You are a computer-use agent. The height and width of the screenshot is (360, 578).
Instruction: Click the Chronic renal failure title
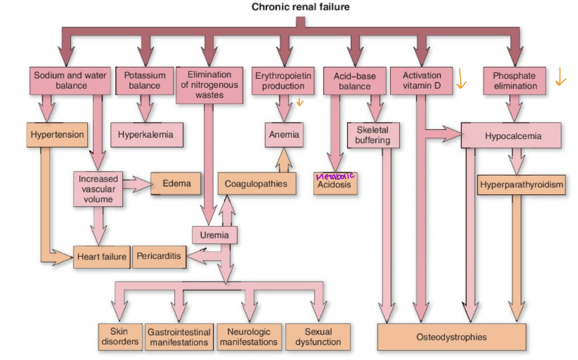[300, 7]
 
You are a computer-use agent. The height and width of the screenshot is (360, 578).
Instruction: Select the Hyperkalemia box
[146, 135]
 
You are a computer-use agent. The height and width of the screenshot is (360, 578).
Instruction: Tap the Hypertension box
[57, 135]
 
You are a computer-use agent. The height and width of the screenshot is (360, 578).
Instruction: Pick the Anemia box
[284, 135]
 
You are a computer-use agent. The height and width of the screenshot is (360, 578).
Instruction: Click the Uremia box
[214, 235]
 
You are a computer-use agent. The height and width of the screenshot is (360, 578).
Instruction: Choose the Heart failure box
[102, 256]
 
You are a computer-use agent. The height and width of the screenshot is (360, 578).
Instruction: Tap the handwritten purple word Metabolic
[335, 176]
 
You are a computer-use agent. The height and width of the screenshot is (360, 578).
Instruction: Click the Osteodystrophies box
[452, 337]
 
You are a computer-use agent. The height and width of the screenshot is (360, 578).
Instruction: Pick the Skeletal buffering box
[372, 135]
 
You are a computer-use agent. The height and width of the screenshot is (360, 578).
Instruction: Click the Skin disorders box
[119, 337]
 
